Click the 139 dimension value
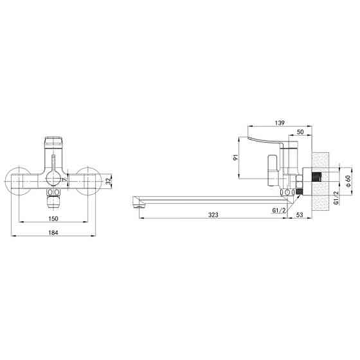280,123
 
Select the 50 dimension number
300,132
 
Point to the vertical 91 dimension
235,157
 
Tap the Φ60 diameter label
348,181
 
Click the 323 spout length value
213,215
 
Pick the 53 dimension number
300,215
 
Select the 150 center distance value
53,219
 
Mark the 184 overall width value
53,233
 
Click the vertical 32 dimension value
109,181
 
